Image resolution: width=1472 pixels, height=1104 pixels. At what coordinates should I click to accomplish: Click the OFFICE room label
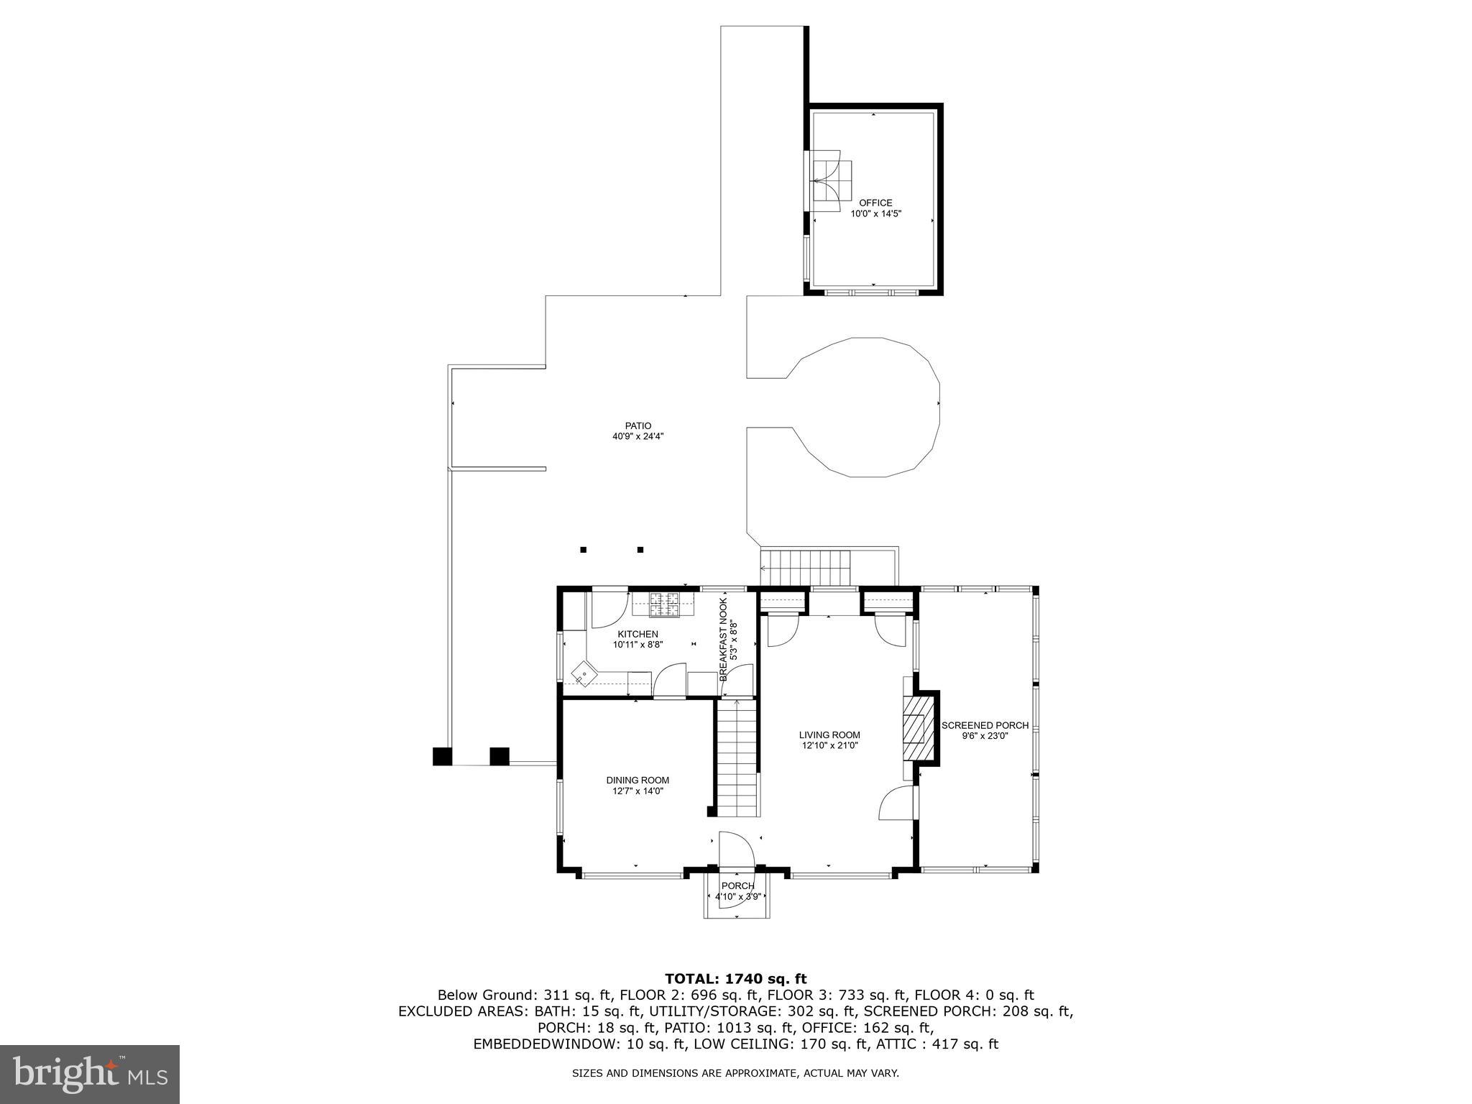(x=875, y=203)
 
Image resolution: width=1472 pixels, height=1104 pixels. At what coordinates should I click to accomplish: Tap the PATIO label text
(x=638, y=426)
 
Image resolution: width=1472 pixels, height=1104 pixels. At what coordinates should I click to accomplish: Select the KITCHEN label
(x=638, y=634)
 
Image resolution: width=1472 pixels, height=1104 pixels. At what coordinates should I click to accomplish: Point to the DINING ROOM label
(x=638, y=780)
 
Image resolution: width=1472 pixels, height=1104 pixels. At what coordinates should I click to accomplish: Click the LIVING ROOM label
(x=829, y=735)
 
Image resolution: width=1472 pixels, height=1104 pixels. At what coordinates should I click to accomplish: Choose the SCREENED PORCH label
(x=985, y=725)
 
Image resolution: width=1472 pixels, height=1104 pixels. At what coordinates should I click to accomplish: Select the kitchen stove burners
(x=665, y=604)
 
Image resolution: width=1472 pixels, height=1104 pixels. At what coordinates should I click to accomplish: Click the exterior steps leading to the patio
(x=806, y=569)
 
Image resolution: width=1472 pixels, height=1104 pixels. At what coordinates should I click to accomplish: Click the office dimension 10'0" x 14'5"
(x=875, y=213)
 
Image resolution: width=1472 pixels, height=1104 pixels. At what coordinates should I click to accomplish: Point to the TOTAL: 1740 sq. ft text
(x=735, y=978)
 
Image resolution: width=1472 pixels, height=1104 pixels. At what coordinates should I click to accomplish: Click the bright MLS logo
(x=90, y=1075)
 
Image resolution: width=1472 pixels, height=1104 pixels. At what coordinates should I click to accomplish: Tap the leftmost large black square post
(x=442, y=757)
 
